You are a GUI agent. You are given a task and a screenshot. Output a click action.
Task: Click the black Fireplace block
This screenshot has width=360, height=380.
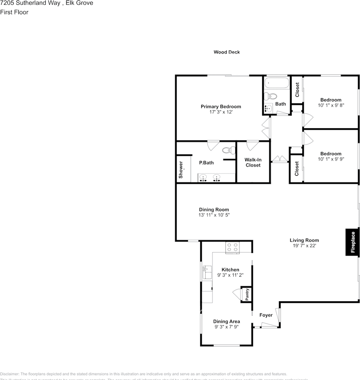coord(352,242)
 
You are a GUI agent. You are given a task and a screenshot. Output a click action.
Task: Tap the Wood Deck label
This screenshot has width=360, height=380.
coord(227,52)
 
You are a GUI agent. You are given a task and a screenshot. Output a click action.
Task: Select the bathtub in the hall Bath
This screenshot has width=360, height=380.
coord(277,83)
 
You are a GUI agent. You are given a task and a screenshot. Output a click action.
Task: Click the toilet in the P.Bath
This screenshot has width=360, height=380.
coord(227,150)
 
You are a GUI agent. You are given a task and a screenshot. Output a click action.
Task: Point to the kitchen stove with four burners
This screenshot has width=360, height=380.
coord(232,247)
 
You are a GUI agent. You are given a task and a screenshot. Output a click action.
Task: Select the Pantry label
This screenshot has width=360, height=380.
coord(247,294)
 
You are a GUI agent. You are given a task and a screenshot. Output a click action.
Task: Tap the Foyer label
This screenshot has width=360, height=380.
coord(266,315)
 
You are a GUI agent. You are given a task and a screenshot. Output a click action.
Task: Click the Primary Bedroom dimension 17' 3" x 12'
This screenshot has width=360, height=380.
coord(221,112)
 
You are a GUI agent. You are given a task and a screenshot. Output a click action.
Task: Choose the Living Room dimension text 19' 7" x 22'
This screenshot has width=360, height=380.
coord(304,246)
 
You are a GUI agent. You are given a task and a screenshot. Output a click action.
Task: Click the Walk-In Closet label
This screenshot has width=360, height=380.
coord(253,162)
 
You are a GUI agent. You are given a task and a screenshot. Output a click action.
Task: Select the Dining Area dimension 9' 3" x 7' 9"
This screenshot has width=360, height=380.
coord(227,327)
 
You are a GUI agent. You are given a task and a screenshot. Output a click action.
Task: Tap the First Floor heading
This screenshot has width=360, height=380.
coord(14,12)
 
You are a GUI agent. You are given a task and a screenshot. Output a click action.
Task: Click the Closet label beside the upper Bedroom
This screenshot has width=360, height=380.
coord(297,90)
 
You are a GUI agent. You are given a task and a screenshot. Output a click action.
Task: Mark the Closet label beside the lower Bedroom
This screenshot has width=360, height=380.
coord(297,169)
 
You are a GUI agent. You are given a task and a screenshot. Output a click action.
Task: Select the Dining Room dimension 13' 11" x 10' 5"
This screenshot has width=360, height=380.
coord(214,215)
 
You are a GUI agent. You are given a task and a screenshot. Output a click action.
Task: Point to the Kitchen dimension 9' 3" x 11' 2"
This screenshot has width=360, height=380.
coord(230,275)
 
